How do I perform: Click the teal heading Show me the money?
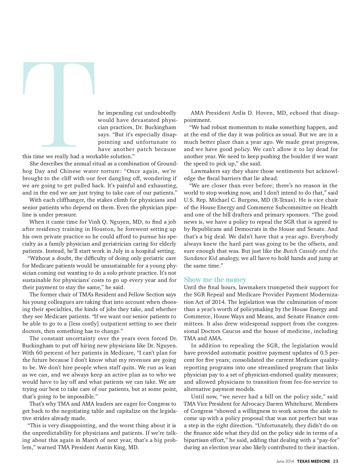(x=215, y=280)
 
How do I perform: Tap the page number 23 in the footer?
(x=335, y=461)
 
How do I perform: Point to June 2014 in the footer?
(x=285, y=461)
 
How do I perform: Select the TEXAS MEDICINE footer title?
(x=313, y=461)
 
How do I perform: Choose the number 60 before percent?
(x=39, y=353)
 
